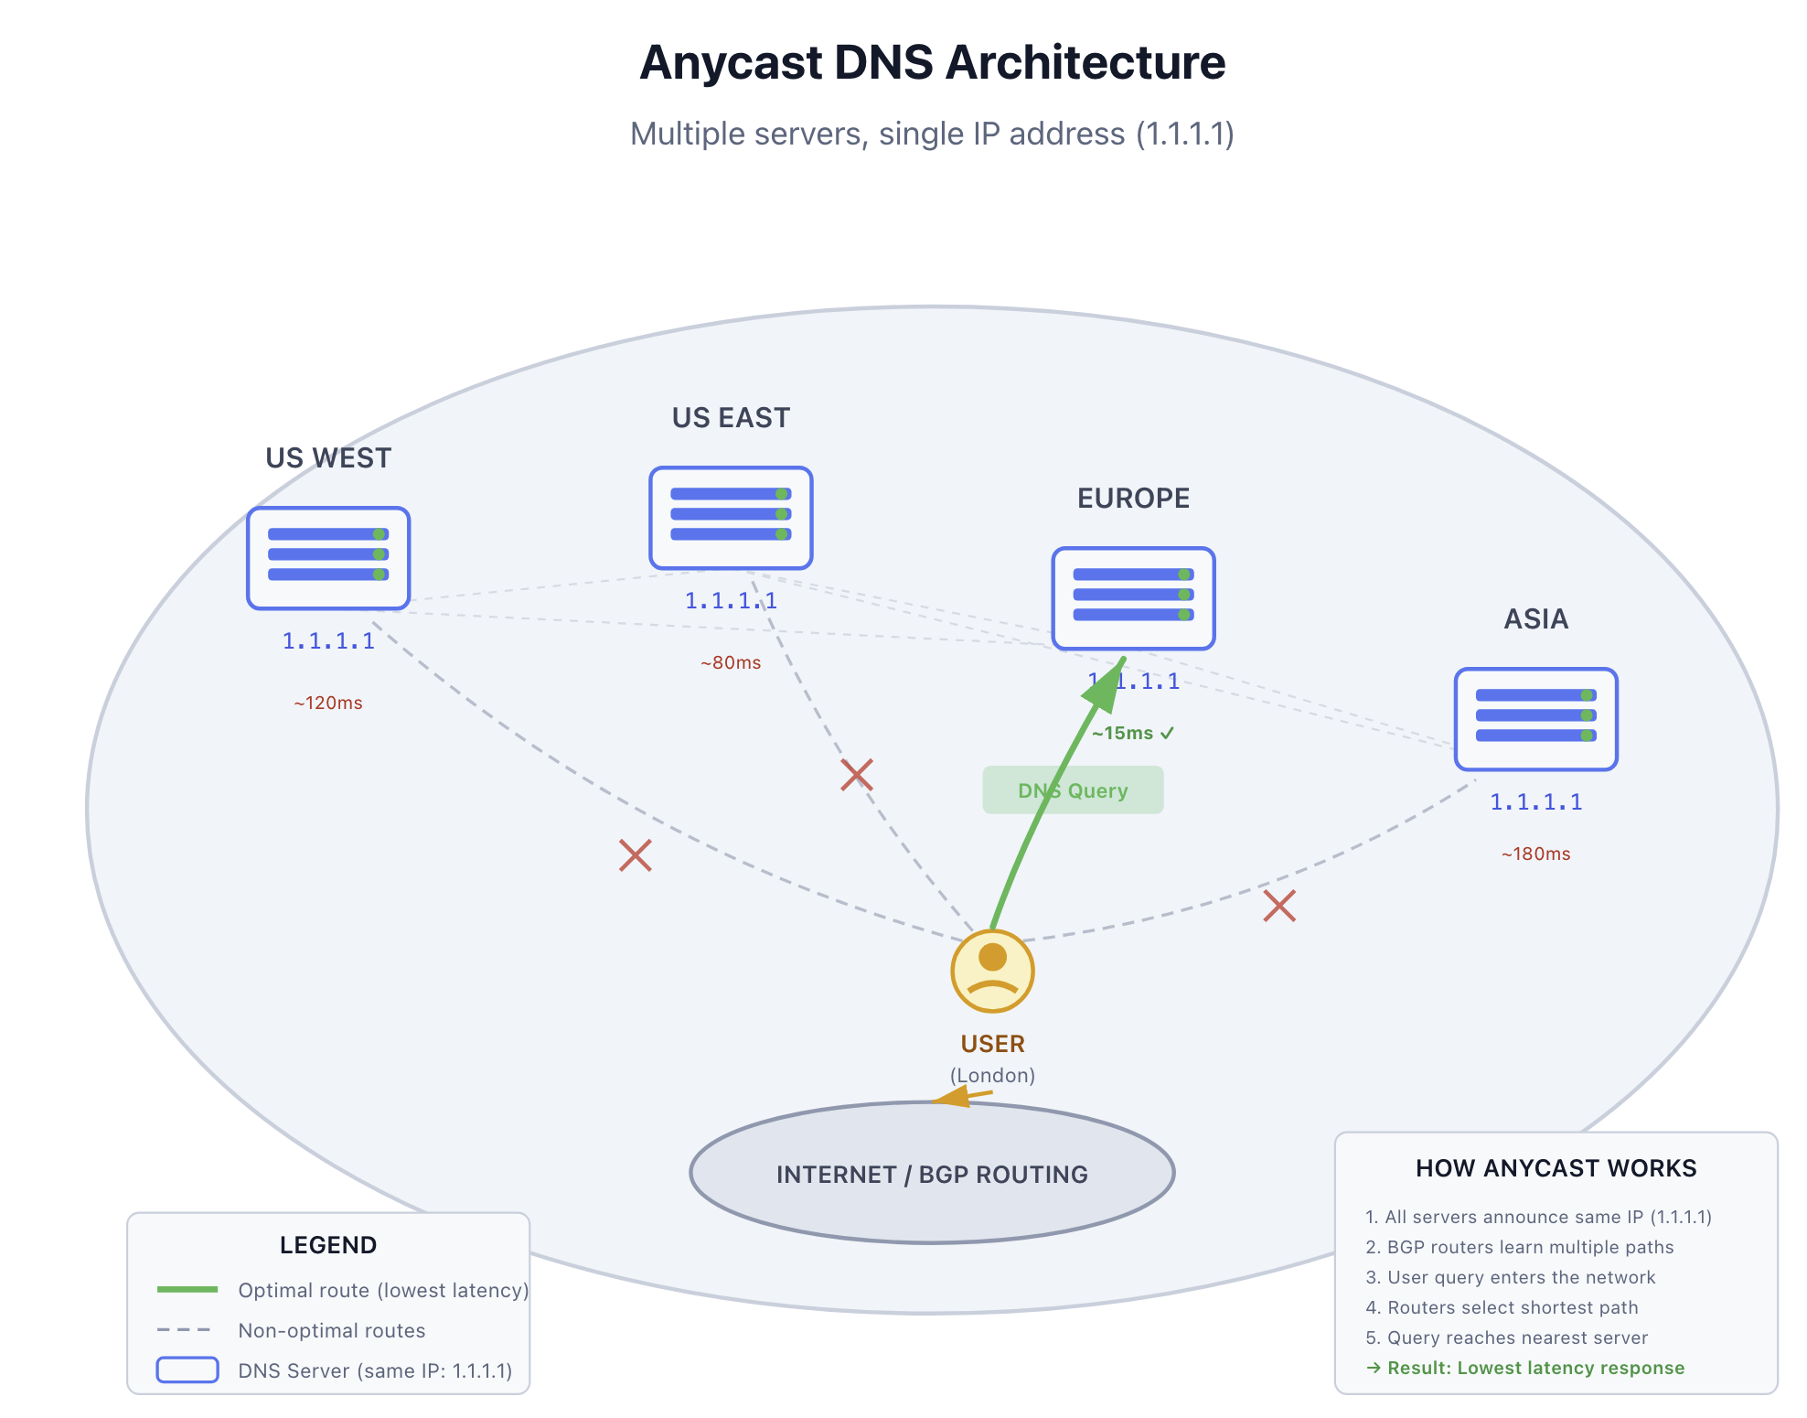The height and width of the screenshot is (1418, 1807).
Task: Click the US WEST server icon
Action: tap(328, 558)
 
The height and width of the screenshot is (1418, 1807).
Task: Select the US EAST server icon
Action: tap(731, 518)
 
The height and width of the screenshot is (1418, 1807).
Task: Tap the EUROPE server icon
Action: tap(1133, 598)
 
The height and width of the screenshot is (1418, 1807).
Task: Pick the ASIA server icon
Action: tap(1535, 719)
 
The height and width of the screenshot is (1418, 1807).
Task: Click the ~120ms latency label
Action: tap(328, 703)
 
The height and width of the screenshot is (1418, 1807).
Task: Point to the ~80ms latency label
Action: tap(731, 662)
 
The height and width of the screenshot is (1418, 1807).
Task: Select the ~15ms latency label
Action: tap(1132, 733)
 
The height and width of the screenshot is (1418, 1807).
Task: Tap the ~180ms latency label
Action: tap(1535, 854)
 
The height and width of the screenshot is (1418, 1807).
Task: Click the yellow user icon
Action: tap(992, 971)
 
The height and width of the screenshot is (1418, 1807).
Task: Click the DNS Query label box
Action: tap(1073, 790)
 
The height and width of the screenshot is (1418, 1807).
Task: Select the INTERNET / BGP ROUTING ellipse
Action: tap(932, 1174)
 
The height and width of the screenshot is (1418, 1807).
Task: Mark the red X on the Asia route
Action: tap(1279, 906)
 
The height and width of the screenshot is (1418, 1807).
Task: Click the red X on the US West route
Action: tap(635, 855)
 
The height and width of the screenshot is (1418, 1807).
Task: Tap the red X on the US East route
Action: tap(856, 775)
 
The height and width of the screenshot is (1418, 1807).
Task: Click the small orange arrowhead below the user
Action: tap(954, 1096)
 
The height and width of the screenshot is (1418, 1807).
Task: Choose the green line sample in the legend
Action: tap(187, 1289)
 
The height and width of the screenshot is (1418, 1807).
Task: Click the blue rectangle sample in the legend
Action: tap(187, 1370)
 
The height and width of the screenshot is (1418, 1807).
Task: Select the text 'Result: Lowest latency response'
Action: tap(1535, 1368)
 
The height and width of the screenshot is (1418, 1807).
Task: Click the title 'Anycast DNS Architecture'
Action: tap(932, 62)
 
